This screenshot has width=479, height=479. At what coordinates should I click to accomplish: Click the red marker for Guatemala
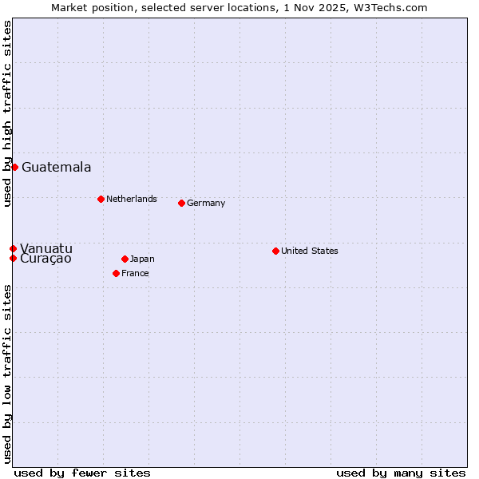coord(14,167)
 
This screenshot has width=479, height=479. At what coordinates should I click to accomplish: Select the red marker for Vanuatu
coord(13,248)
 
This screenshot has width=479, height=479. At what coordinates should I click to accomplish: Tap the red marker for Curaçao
coord(13,258)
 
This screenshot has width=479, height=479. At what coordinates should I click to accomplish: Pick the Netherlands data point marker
coord(101,199)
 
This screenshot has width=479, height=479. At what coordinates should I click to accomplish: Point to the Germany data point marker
coord(181,203)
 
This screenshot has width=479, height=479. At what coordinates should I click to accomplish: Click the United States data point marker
coord(275,251)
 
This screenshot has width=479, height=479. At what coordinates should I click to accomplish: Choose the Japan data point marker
coord(125,259)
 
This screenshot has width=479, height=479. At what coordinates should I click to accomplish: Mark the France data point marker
coord(116,273)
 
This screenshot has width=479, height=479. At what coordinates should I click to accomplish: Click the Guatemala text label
coord(56,168)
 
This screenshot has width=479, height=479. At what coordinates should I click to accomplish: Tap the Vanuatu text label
coord(46,248)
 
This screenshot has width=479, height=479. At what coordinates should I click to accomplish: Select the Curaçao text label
coord(46,259)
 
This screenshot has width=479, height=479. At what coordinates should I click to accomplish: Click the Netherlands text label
coord(132,199)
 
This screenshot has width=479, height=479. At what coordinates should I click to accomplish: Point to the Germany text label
coord(206,203)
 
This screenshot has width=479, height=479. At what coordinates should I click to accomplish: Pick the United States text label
coord(310,251)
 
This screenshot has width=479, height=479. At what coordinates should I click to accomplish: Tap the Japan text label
coord(142,259)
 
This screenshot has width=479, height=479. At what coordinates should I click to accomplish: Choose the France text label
coord(135,273)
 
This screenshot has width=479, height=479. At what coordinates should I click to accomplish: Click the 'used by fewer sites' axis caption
coord(82,473)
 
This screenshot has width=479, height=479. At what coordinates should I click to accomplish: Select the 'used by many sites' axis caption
coord(401,473)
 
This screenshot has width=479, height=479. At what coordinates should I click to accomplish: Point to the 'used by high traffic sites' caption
coord(7,113)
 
